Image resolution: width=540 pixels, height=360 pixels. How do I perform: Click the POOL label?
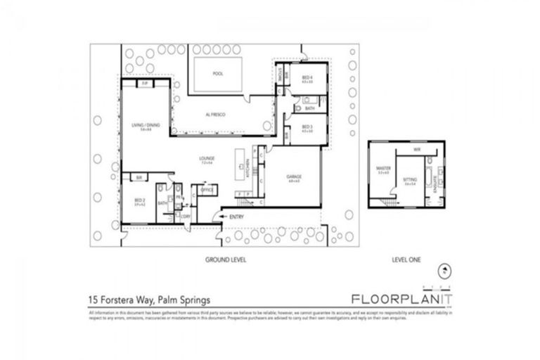point(218,73)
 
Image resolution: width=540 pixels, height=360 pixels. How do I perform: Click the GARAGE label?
point(294,177)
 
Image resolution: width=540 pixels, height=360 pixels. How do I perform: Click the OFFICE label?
point(207,190)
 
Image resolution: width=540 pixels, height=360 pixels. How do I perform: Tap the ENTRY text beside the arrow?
point(237,217)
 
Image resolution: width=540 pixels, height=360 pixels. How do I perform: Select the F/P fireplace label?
point(144,84)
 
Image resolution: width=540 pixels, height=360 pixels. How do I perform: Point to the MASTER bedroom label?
point(383,168)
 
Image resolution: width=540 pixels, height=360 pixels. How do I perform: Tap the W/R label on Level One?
point(416,150)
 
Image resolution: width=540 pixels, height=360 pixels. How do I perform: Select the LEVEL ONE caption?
point(406,259)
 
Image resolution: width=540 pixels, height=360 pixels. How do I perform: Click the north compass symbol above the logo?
point(444,269)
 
